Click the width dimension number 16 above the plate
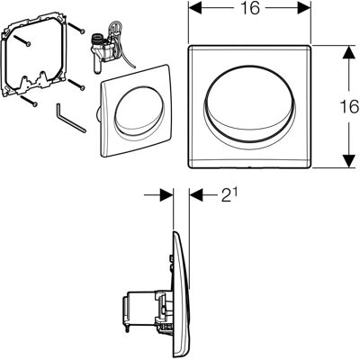(x=249, y=8)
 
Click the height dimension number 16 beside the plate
(x=349, y=106)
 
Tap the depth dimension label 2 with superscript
(x=229, y=195)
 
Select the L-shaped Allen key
(x=70, y=117)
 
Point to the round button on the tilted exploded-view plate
(x=139, y=110)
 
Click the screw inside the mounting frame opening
(x=22, y=40)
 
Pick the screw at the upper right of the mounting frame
(x=76, y=28)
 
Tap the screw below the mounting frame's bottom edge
(x=29, y=101)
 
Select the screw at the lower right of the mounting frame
(x=76, y=84)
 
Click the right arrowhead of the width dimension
(x=303, y=9)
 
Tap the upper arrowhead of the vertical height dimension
(x=348, y=53)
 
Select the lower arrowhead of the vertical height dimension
(x=348, y=160)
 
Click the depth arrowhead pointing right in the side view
(x=166, y=195)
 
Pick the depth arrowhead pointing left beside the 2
(x=196, y=195)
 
